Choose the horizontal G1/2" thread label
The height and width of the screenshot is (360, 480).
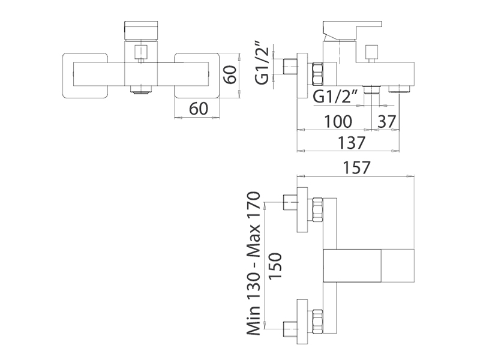[335, 96]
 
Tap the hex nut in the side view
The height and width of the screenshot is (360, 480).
[318, 72]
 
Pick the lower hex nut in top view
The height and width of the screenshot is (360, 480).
[318, 322]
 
